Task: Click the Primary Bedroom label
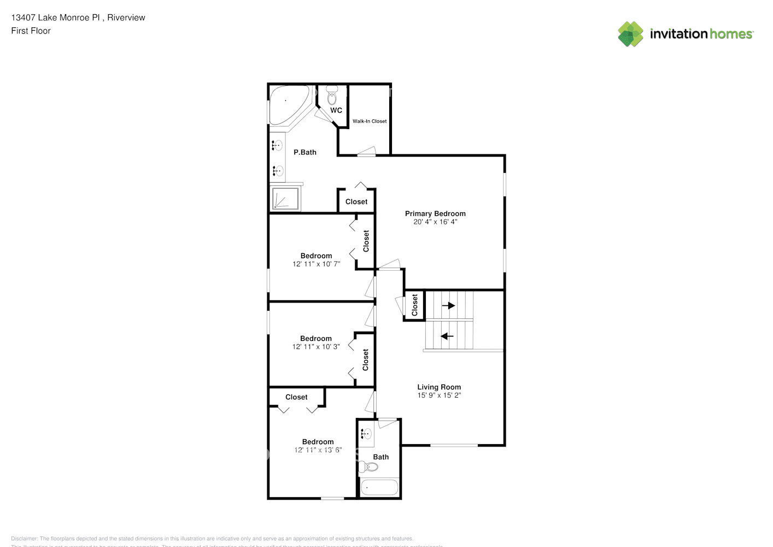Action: point(435,213)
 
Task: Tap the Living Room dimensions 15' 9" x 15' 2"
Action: point(439,395)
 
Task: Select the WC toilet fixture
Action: point(332,98)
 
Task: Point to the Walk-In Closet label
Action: point(370,121)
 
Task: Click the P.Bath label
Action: point(305,152)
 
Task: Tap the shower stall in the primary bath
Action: point(285,199)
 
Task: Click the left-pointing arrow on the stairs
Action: point(447,336)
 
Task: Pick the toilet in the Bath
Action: point(371,467)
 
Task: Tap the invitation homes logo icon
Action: point(630,34)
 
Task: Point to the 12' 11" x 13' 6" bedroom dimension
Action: point(318,450)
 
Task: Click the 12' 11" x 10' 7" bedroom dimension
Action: point(316,264)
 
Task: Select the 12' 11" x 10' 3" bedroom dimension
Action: point(316,346)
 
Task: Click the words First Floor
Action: point(31,31)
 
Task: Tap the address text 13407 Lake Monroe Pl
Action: point(55,18)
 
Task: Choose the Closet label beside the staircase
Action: point(414,305)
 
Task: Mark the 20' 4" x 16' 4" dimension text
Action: point(435,222)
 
